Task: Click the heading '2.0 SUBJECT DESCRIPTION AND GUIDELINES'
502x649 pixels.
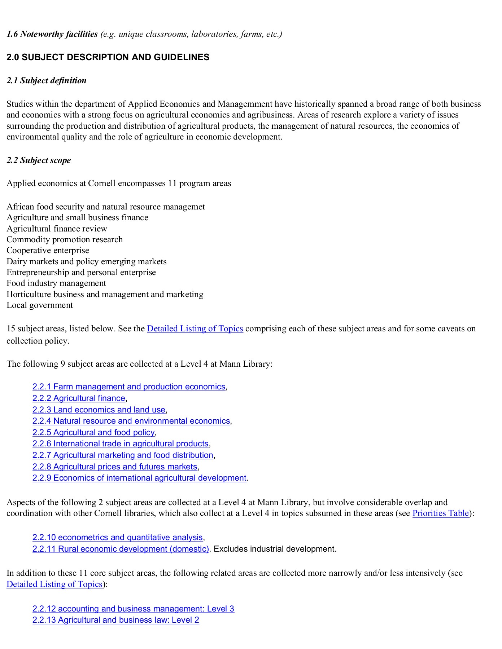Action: pos(108,57)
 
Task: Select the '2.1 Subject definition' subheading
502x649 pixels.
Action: pos(47,80)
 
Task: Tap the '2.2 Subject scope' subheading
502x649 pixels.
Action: pos(39,160)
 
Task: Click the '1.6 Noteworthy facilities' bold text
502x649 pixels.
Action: pos(52,34)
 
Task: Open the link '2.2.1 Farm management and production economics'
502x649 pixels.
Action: pos(129,387)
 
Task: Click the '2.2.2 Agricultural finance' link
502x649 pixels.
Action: pos(79,398)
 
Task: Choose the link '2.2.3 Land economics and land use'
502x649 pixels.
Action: pos(99,410)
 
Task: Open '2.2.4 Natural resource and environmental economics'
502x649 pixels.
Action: pos(131,421)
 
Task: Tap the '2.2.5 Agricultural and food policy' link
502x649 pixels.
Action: pos(93,433)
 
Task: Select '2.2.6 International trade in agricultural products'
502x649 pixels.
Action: pos(121,444)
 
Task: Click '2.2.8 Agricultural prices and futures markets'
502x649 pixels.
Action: pos(115,467)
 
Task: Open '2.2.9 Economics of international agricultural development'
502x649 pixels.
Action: pos(139,478)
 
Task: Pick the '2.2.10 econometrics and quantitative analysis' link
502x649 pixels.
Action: pos(118,538)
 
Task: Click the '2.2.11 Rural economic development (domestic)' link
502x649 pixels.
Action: pos(121,549)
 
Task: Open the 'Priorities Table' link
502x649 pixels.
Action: pos(440,513)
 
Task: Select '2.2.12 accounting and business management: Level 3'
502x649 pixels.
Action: pos(133,609)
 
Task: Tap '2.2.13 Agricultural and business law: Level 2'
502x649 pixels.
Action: pos(115,620)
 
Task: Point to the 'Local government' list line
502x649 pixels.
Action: pos(40,305)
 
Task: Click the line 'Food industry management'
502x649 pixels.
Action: pos(56,283)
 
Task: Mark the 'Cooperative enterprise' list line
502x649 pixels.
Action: pos(48,251)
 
